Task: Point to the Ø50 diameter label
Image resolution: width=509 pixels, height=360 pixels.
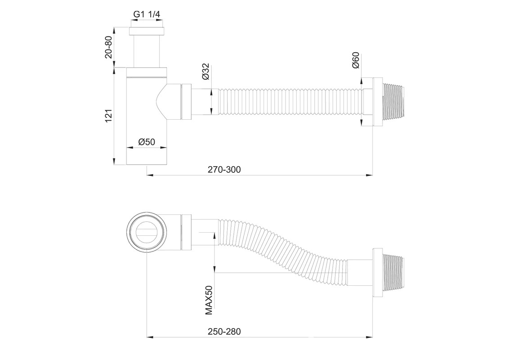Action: coord(147,142)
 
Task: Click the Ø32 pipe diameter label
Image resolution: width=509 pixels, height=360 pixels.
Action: coord(206,72)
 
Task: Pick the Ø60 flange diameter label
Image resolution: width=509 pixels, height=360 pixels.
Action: coord(356,60)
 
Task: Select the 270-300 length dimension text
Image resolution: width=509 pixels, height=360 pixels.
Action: coord(224,170)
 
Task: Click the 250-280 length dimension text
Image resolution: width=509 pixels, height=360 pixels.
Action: coord(224,331)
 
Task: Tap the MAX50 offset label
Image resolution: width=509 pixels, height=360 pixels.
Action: coord(209,300)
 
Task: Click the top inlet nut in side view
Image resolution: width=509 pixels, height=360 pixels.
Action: coord(147,31)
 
